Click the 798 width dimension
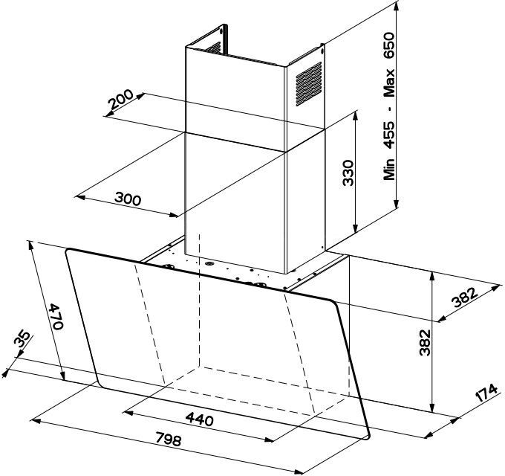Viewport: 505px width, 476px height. pyautogui.click(x=169, y=439)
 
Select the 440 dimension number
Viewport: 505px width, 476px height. pyautogui.click(x=199, y=419)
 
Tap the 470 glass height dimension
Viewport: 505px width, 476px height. pyautogui.click(x=56, y=317)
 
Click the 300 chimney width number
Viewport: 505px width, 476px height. pyautogui.click(x=128, y=199)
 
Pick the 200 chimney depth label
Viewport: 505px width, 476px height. pyautogui.click(x=120, y=99)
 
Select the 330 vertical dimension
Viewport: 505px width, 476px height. pyautogui.click(x=348, y=173)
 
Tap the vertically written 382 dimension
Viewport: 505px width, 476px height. pyautogui.click(x=425, y=342)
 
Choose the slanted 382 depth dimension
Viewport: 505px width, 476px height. pyautogui.click(x=463, y=297)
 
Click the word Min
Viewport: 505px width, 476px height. pyautogui.click(x=389, y=169)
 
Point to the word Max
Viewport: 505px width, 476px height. pyautogui.click(x=389, y=83)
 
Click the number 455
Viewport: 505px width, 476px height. pyautogui.click(x=389, y=135)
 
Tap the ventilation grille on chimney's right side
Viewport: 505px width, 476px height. pyautogui.click(x=308, y=84)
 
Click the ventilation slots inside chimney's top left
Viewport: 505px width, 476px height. pyautogui.click(x=214, y=48)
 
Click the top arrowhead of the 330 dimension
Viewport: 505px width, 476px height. pyautogui.click(x=355, y=116)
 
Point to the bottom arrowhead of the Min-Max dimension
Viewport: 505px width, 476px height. pyautogui.click(x=397, y=204)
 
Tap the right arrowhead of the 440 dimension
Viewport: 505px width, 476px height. pyautogui.click(x=269, y=440)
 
